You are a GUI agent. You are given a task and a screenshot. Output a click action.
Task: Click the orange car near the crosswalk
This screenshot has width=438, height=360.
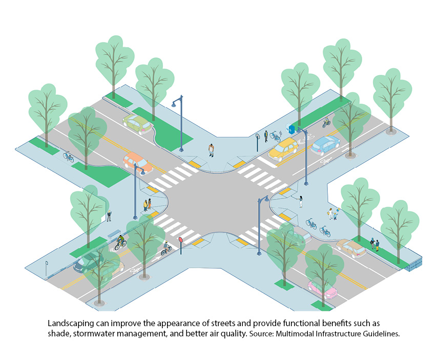click(x=137, y=162)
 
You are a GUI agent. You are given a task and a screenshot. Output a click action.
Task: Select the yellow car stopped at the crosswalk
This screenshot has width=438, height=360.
click(x=283, y=149)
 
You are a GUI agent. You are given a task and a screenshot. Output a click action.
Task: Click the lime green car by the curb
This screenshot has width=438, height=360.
click(x=138, y=124)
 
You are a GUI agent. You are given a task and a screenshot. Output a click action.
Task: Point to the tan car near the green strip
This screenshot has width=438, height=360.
click(x=351, y=248)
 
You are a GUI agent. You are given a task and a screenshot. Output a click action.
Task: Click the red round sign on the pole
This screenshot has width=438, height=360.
click(x=180, y=239)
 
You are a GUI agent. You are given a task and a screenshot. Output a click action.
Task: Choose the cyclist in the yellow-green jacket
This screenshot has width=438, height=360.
click(x=121, y=241)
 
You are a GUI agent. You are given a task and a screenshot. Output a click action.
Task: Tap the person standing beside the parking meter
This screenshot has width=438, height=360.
click(x=266, y=136)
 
